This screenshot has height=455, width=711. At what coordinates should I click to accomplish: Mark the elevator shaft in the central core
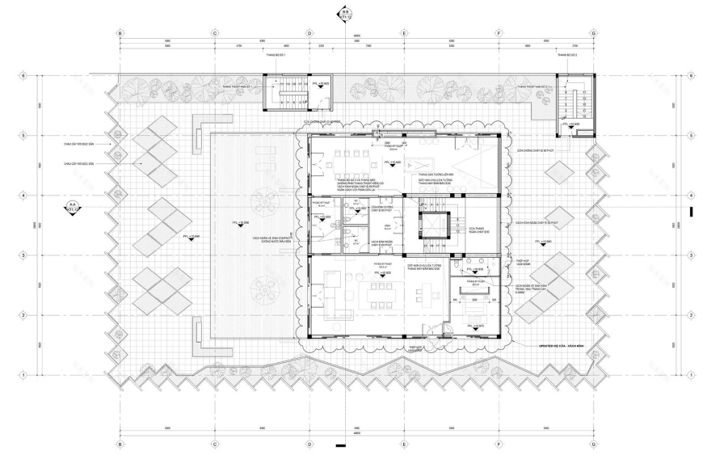(x=428, y=225)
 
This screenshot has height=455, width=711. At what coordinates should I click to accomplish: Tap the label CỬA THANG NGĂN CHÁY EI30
(x=478, y=230)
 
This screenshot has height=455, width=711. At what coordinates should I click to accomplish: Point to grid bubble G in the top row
(x=594, y=34)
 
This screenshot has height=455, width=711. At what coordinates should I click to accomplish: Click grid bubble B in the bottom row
(x=120, y=444)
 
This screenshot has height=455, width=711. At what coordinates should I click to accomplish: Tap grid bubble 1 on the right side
(x=691, y=375)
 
